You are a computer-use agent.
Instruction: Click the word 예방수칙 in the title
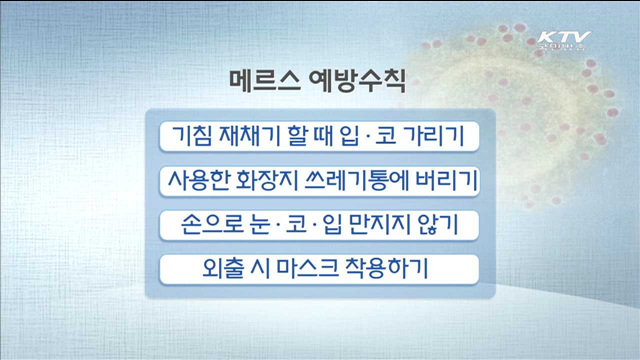coord(358,80)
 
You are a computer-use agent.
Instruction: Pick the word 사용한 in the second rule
coord(196,181)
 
